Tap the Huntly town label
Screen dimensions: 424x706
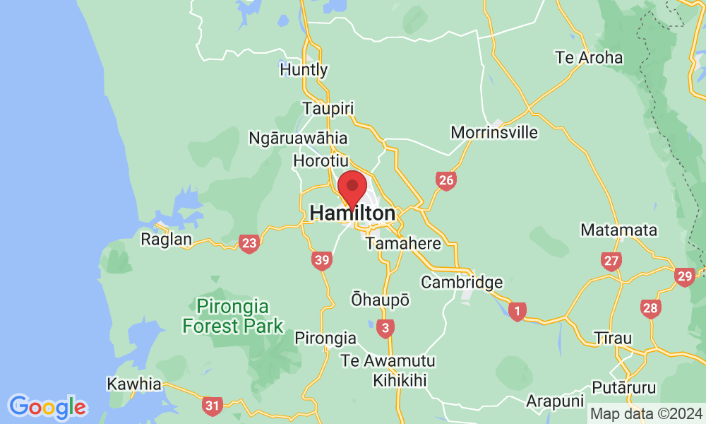point(304,70)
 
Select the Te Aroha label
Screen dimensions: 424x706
point(590,58)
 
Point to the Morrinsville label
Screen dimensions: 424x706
point(494,132)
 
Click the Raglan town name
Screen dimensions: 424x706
point(167,240)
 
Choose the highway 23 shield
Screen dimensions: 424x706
point(249,244)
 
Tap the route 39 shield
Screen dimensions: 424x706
point(322,261)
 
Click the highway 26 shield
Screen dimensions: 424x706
point(445,181)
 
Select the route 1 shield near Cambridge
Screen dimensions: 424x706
point(517,311)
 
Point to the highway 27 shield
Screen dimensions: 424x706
point(611,261)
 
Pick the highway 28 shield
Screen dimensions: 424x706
point(650,307)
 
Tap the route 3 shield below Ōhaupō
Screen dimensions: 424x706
point(385,328)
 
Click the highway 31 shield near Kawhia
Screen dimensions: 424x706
point(211,406)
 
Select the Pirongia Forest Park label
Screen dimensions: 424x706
point(233,317)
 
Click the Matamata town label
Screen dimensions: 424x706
point(618,230)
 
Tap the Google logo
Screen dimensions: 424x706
point(48,406)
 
